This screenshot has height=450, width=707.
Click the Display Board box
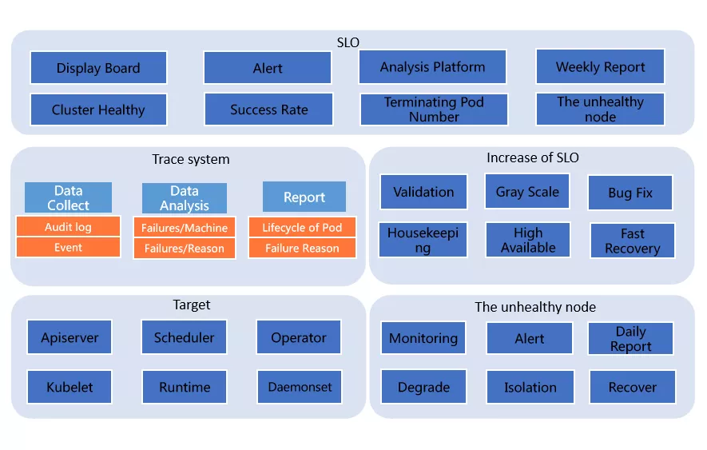pos(98,68)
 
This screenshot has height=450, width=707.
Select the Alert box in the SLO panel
pos(268,68)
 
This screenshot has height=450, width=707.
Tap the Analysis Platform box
pos(432,67)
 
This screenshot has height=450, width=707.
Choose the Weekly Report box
pos(600,67)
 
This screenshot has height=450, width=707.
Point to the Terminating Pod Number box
pos(434,110)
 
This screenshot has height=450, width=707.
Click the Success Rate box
pos(268,110)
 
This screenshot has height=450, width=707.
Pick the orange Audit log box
pos(68,226)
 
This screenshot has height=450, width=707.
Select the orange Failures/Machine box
pos(185,228)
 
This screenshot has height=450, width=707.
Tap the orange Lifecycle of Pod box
pos(302,228)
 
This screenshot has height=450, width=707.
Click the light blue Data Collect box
pos(68,197)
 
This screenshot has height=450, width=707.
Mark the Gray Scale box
pos(527,191)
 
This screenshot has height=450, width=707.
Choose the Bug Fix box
pos(630,193)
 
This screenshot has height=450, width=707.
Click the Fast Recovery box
pos(633,241)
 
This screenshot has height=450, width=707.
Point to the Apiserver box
pos(70,337)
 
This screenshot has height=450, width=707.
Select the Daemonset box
pos(300,387)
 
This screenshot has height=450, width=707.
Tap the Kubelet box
pos(70,387)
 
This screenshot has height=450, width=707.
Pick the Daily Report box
pos(631,339)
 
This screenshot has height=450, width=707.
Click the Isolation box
pos(530,387)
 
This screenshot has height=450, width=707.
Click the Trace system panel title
pos(191,159)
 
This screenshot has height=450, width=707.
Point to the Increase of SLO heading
pos(533,157)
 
